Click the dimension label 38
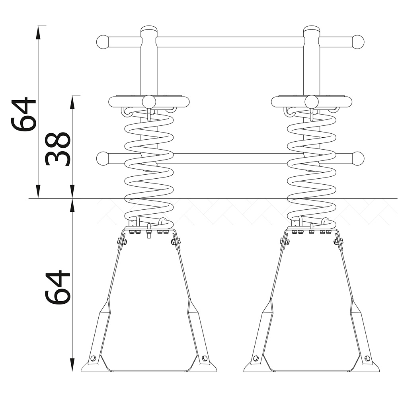pos(57,149)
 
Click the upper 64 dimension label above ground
pos(23,114)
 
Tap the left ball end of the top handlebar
pos(103,42)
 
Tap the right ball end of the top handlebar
pos(358,42)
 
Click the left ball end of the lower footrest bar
pos(103,159)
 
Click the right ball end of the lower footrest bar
pos(358,159)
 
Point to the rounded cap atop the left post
pos(149,29)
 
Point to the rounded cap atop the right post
pos(312,29)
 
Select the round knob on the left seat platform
pos(149,102)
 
